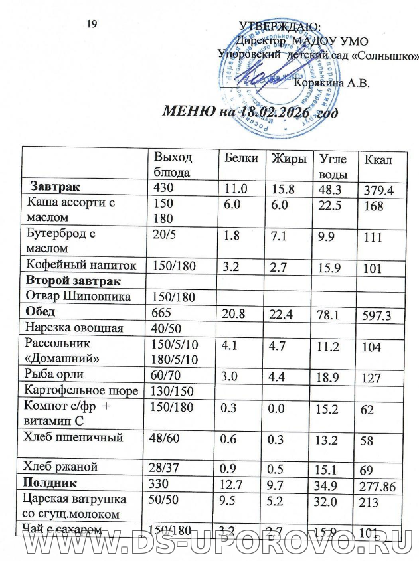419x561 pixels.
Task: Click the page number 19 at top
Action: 93,25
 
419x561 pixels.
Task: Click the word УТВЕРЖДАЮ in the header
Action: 279,27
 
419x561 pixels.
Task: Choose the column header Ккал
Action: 376,161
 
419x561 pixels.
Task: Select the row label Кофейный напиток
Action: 80,265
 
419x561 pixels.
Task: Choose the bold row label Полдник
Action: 52,481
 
